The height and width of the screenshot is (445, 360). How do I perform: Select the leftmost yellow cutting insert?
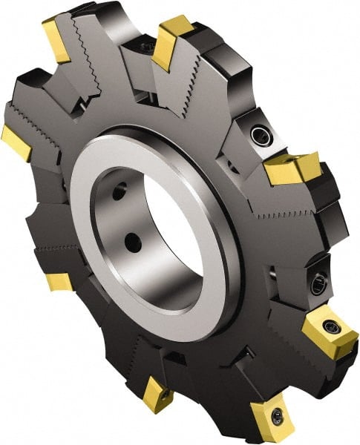(x=16, y=142)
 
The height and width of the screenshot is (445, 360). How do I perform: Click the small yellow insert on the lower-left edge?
(x=58, y=282)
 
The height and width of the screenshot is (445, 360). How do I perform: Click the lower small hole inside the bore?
(x=131, y=242)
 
